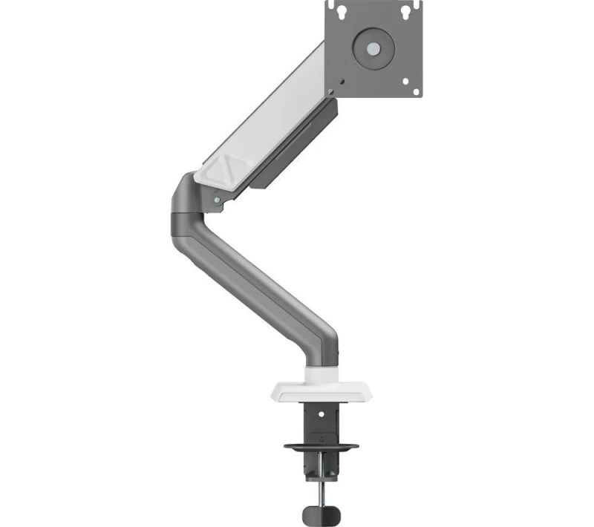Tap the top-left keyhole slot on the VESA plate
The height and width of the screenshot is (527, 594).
(x=341, y=12)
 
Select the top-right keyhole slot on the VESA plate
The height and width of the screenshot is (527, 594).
(x=407, y=12)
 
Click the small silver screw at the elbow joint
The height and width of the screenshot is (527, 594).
(x=217, y=199)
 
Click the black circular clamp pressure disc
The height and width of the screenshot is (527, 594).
(x=320, y=447)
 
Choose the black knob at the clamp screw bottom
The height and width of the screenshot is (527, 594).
(x=320, y=513)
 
